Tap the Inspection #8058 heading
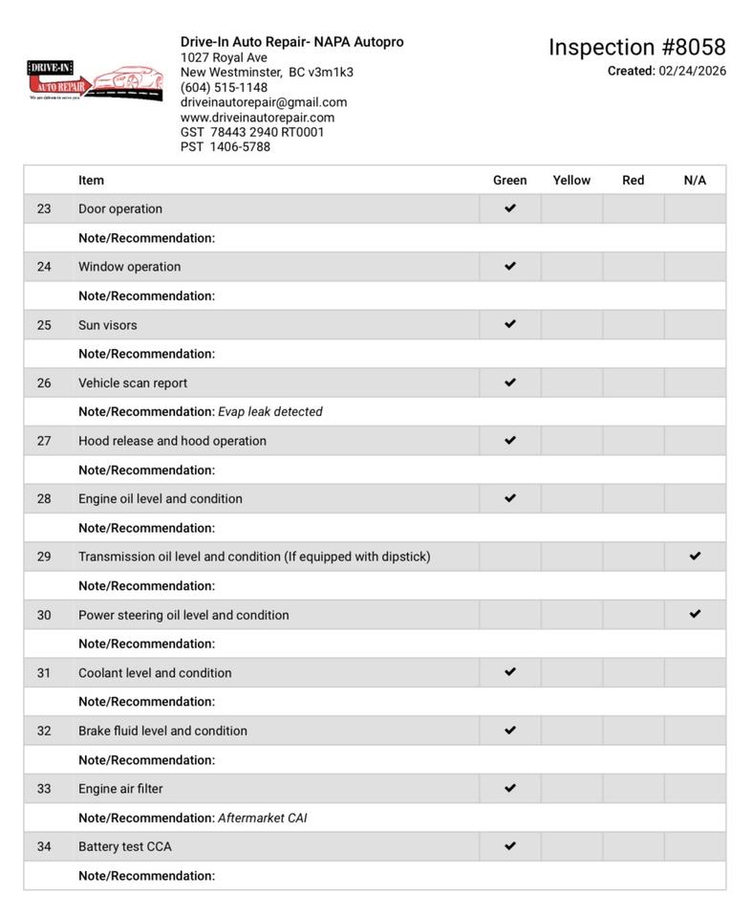coord(636,47)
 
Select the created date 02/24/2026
coord(692,71)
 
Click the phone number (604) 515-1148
coord(224,87)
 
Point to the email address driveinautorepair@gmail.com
coord(264,102)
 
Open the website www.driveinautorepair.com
coord(257,118)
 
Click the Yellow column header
coord(571,180)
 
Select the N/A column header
coord(695,180)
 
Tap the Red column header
coord(633,180)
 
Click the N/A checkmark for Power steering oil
coord(695,614)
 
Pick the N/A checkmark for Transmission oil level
coord(695,556)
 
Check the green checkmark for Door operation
coord(510,208)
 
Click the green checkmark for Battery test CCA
coord(510,845)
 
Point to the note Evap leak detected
coord(270,412)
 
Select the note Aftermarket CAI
coord(263,819)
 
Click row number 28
coord(44,499)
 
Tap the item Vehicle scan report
coord(133,383)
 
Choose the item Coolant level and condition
coord(155,673)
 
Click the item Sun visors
coord(108,325)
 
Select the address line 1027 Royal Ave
coord(224,57)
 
